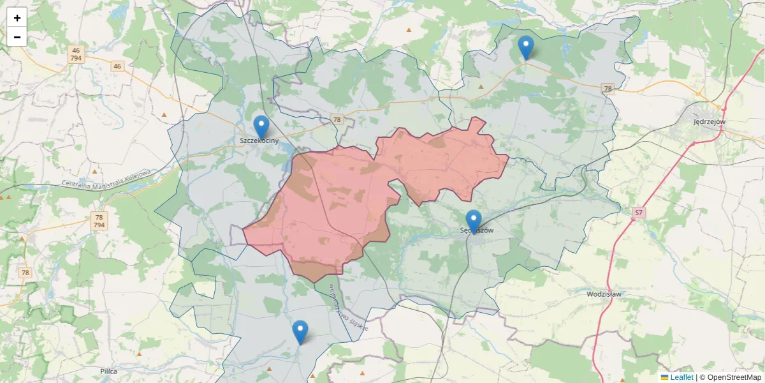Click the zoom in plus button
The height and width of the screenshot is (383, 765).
coord(17,18)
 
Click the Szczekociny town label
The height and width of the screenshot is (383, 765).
coord(259,140)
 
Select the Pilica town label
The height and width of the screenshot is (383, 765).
coord(109,370)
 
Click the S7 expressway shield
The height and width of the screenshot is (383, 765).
coord(638,212)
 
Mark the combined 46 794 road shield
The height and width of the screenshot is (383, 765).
coord(76,54)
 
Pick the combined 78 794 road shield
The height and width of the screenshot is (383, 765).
coord(99,221)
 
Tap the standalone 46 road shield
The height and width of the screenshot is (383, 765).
coord(117,66)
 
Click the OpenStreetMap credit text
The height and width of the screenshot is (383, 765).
coord(731,377)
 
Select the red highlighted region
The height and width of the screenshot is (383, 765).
coord(331,204)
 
